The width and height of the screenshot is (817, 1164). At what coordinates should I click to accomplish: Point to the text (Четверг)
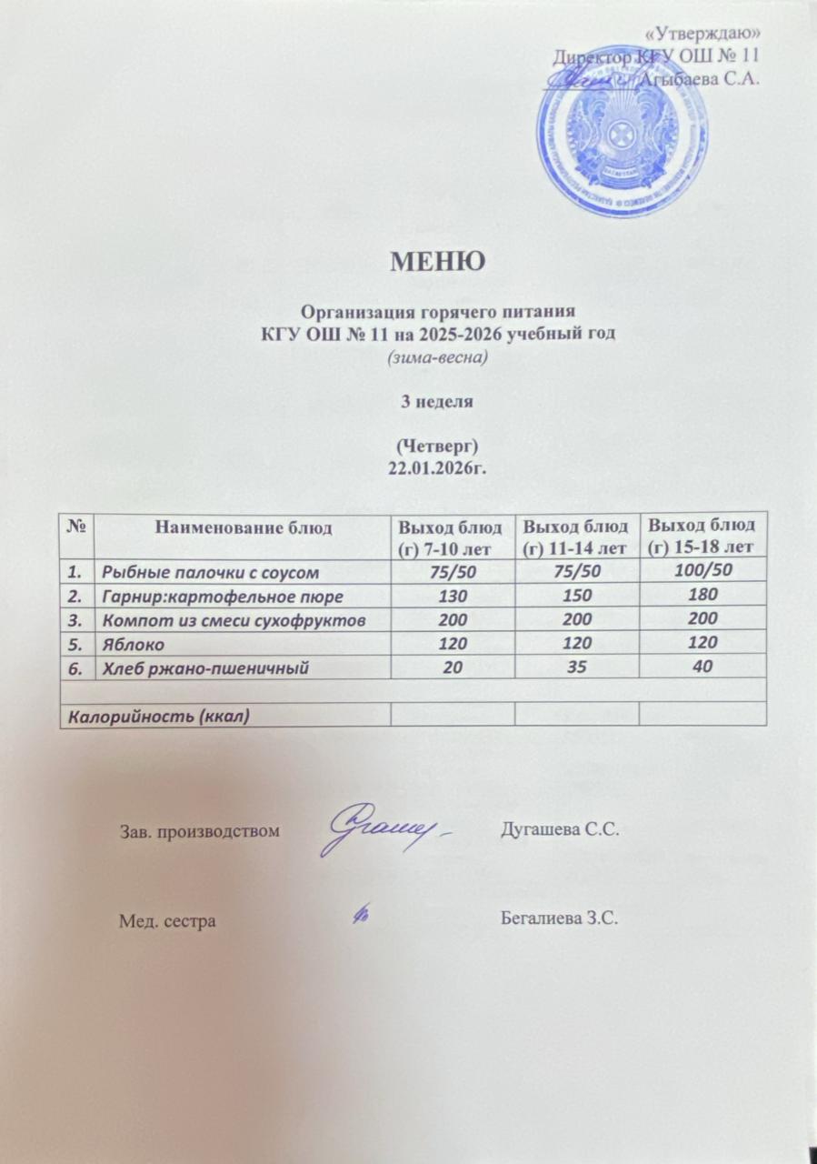439,447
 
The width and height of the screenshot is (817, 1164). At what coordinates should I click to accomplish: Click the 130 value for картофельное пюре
452,596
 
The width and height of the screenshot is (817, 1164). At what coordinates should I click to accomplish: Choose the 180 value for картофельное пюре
702,595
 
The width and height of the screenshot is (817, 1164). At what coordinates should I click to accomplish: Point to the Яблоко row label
134,643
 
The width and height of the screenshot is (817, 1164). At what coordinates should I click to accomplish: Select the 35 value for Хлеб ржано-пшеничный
576,667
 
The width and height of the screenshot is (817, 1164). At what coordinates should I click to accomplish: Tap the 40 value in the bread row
702,667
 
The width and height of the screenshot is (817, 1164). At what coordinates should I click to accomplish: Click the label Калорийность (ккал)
155,715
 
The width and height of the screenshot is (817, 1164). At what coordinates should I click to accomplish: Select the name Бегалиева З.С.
559,920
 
